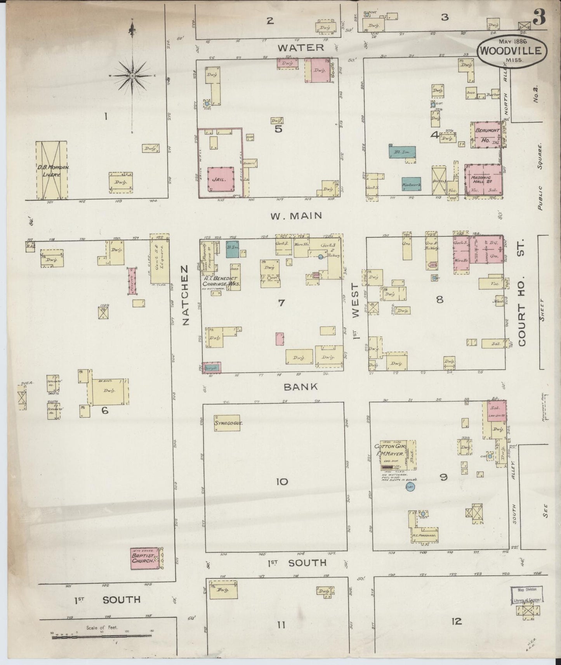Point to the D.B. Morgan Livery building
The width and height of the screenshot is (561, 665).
(51, 170)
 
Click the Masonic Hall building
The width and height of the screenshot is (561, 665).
(484, 179)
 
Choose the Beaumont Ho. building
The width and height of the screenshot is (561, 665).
(485, 135)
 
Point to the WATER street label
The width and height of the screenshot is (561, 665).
(300, 47)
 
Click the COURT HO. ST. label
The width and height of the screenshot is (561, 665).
(522, 297)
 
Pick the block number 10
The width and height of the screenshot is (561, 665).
(282, 482)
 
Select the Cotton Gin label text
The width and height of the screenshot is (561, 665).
(390, 447)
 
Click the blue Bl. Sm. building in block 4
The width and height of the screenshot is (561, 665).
(402, 152)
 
